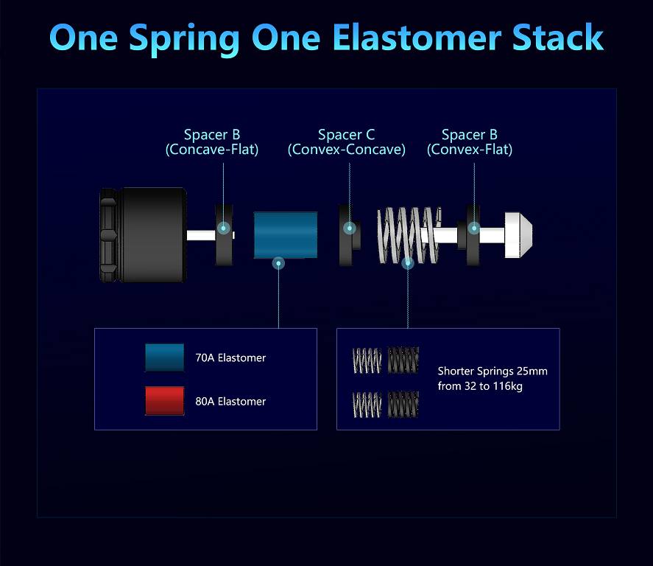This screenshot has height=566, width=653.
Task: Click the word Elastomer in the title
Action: point(416,38)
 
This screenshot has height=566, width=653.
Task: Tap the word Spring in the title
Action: point(184,40)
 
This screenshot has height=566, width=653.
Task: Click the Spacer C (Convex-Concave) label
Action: point(347,142)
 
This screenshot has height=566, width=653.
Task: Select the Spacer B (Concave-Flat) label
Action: point(212,142)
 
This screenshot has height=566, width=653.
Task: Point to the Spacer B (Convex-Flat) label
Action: point(470,142)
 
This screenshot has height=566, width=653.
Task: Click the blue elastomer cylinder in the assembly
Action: point(286,235)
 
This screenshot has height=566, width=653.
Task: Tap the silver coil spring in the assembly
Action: point(408,235)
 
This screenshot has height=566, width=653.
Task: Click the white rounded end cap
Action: point(518,235)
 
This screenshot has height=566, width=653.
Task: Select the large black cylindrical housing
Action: point(144,235)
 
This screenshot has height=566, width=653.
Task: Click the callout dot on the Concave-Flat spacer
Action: point(224,228)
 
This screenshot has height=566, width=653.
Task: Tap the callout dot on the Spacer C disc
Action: point(350,228)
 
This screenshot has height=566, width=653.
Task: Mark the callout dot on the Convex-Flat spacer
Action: point(474,228)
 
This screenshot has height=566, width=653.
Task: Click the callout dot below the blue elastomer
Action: point(278,263)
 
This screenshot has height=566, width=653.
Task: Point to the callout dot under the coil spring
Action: point(408,263)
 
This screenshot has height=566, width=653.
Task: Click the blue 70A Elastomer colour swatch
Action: point(164,357)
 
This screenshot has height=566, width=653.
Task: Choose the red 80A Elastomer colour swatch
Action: point(164,400)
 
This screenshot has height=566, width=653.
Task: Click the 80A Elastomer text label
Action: point(230,402)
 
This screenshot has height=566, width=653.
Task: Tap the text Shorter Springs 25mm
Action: point(493,371)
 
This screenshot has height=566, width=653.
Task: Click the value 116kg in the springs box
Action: point(508,386)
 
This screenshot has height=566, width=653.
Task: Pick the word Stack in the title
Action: point(558,38)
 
